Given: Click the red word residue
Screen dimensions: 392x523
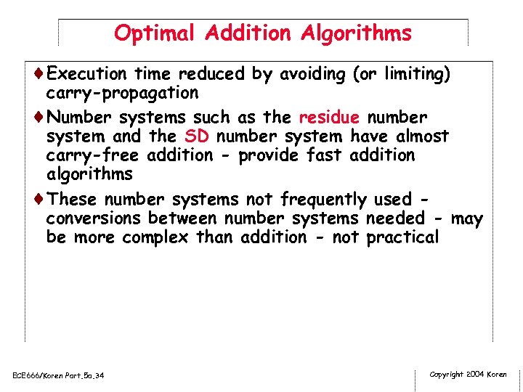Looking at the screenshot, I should pyautogui.click(x=329, y=117).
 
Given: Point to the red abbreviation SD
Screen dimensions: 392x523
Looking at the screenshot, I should pyautogui.click(x=197, y=136).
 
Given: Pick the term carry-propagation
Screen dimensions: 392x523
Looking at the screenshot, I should pyautogui.click(x=122, y=93).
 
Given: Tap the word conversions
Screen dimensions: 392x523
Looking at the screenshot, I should pyautogui.click(x=94, y=218).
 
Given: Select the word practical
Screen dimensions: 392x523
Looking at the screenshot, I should pyautogui.click(x=402, y=237).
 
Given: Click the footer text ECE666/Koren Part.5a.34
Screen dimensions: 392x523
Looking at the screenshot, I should pyautogui.click(x=58, y=375).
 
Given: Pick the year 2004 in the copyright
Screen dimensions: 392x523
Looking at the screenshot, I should pyautogui.click(x=474, y=375).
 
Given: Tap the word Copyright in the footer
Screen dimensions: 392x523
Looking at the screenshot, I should pyautogui.click(x=447, y=375).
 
